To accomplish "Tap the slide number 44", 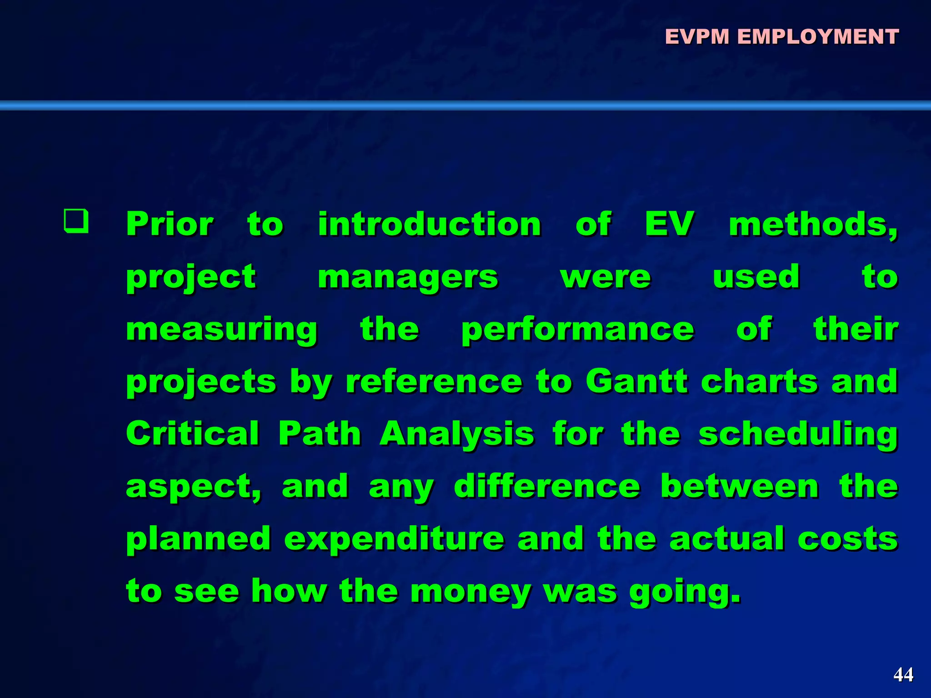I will click(903, 674).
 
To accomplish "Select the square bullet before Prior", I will click(76, 221).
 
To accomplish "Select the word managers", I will click(408, 277).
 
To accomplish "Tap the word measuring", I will click(222, 330).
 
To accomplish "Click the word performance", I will click(578, 330).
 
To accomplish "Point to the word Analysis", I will click(457, 434).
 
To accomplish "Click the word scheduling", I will click(798, 434).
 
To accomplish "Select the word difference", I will click(547, 486).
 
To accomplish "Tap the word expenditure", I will click(395, 539).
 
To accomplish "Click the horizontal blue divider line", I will click(465, 105).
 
